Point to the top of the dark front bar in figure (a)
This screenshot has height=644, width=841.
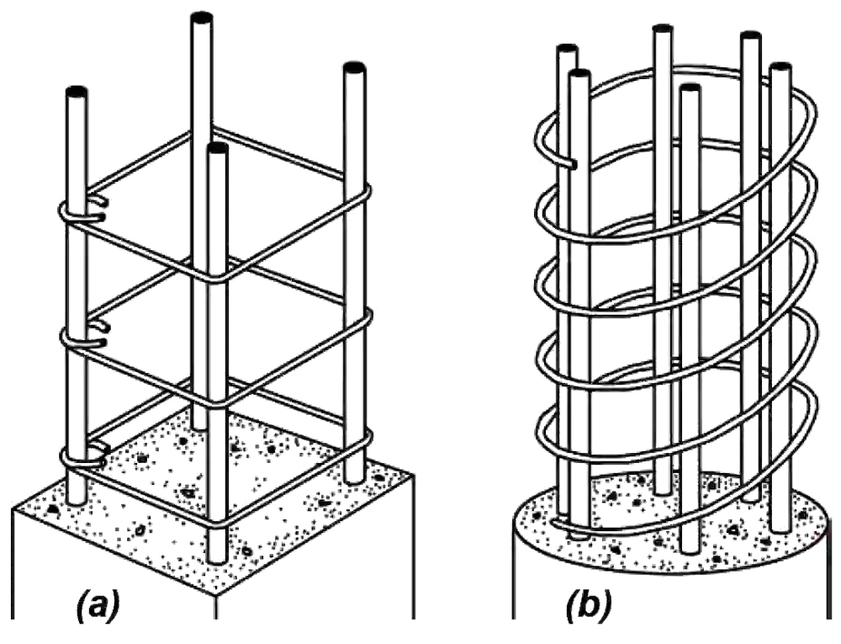pyautogui.click(x=217, y=149)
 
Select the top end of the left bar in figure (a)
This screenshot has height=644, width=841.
pyautogui.click(x=76, y=89)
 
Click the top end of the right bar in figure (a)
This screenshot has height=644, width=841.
pyautogui.click(x=353, y=67)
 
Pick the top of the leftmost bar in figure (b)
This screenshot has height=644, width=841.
pyautogui.click(x=565, y=49)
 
